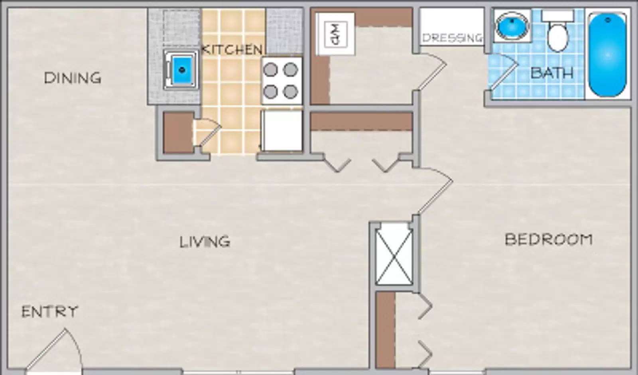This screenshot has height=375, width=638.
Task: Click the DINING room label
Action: pyautogui.click(x=72, y=78)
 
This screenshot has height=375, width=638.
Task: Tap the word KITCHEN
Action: pyautogui.click(x=232, y=50)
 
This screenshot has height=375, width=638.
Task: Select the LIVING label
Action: pyautogui.click(x=205, y=242)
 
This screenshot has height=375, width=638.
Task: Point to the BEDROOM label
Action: pyautogui.click(x=549, y=239)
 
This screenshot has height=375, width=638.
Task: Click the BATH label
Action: pyautogui.click(x=552, y=73)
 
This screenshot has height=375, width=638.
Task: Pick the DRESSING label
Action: pyautogui.click(x=452, y=38)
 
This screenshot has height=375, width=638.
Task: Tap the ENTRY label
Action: pyautogui.click(x=49, y=312)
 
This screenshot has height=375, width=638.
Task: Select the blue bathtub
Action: pyautogui.click(x=607, y=54)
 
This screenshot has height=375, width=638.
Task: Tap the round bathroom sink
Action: pyautogui.click(x=512, y=25)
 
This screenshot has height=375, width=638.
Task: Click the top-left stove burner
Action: pyautogui.click(x=270, y=70)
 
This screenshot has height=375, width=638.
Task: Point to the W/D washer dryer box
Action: pyautogui.click(x=335, y=34)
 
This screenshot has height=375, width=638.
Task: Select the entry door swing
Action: pyautogui.click(x=52, y=347)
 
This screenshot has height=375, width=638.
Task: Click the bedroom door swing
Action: pyautogui.click(x=435, y=191)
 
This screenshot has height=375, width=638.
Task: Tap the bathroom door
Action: pyautogui.click(x=503, y=72)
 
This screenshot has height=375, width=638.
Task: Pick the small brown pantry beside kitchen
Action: pyautogui.click(x=178, y=132)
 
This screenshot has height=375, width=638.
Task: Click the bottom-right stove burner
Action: pyautogui.click(x=290, y=92)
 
